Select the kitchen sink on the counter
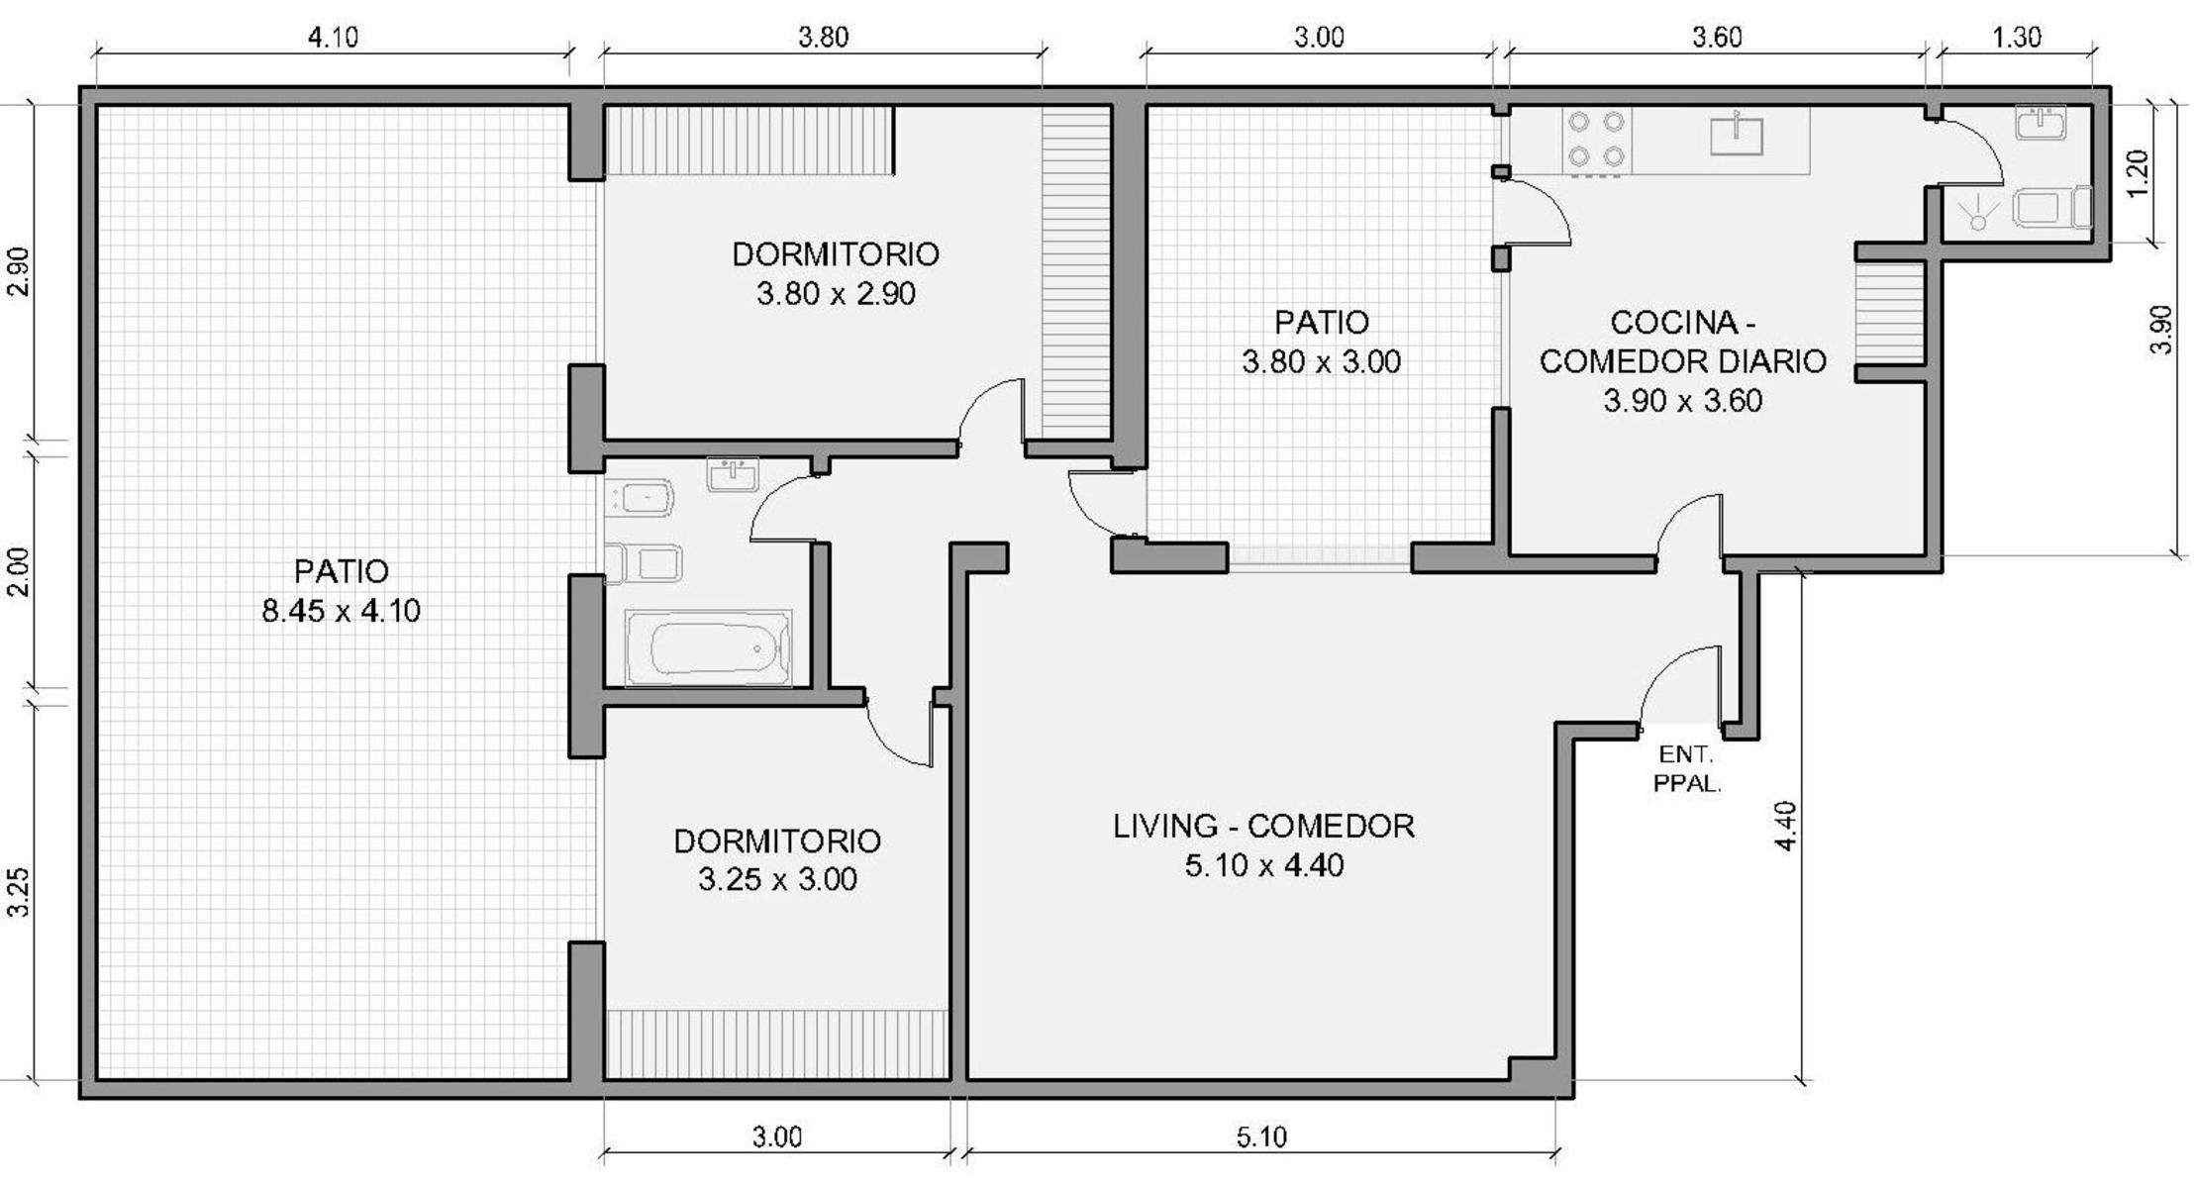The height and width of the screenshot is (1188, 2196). point(1737,135)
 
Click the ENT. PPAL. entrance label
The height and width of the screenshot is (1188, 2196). point(1687,769)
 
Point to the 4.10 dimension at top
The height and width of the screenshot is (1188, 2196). point(333,38)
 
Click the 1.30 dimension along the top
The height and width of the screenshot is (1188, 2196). point(2016,38)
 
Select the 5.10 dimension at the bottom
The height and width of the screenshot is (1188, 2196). point(1261,1138)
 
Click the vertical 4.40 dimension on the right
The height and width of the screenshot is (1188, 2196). point(1785,826)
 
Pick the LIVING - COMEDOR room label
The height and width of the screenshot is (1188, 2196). point(1263,826)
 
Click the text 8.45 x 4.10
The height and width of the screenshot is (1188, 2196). point(342,611)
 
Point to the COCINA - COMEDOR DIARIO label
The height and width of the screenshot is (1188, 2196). point(1683,342)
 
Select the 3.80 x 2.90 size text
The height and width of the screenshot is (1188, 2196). point(836,294)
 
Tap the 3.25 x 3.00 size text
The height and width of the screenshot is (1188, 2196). point(777,879)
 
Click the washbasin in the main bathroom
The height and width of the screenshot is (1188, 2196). point(733,474)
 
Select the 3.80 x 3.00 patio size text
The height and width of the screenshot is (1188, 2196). point(1322,361)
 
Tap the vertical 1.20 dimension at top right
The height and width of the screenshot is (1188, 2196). point(2138,173)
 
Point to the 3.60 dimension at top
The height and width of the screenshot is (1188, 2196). point(1717,38)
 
